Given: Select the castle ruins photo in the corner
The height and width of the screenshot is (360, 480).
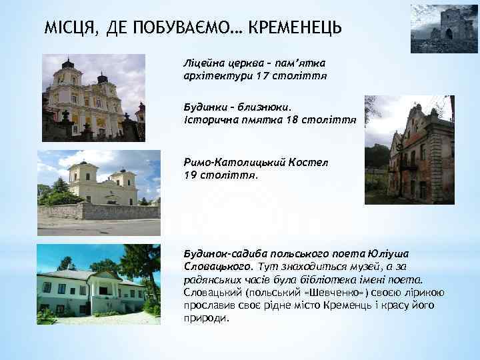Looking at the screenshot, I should (x=444, y=29).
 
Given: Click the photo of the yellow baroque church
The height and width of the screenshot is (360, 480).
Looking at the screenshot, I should (x=93, y=99).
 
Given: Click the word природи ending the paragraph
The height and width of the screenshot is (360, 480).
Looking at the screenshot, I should (x=205, y=317).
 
